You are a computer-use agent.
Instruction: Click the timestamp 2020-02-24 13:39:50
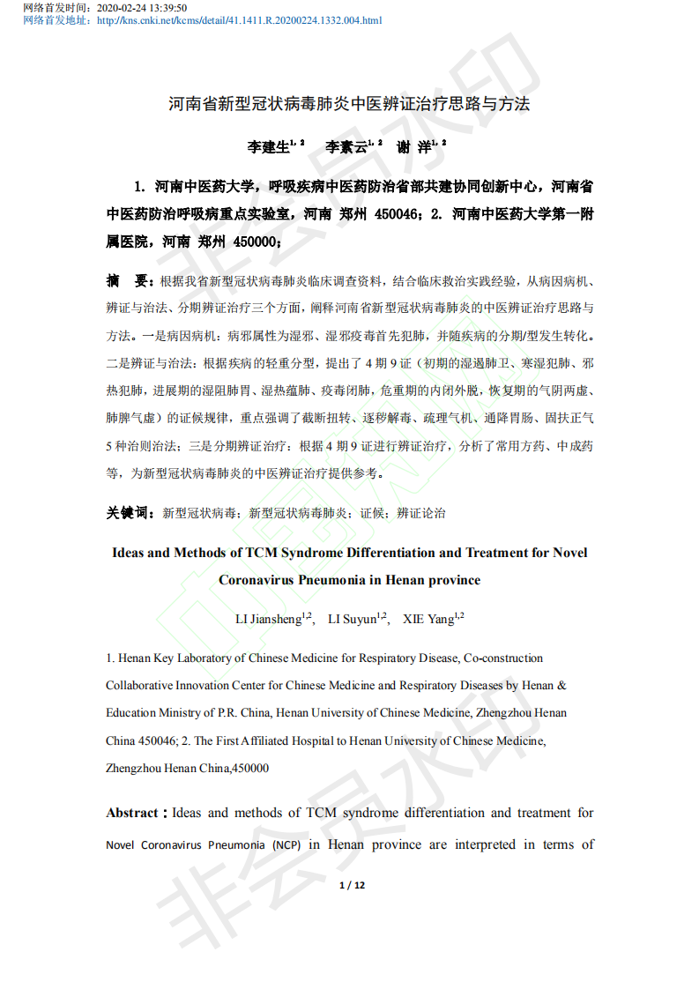[x=141, y=7]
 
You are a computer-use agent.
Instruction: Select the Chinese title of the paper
[x=349, y=104]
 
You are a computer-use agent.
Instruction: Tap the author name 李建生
[x=268, y=147]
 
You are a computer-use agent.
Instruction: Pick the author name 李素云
[x=346, y=147]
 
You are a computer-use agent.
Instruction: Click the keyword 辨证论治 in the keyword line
[x=421, y=512]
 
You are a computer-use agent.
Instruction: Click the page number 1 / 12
[x=352, y=885]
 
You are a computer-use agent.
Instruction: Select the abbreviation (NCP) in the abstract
[x=286, y=845]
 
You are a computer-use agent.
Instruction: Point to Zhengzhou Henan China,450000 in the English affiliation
[x=188, y=768]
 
